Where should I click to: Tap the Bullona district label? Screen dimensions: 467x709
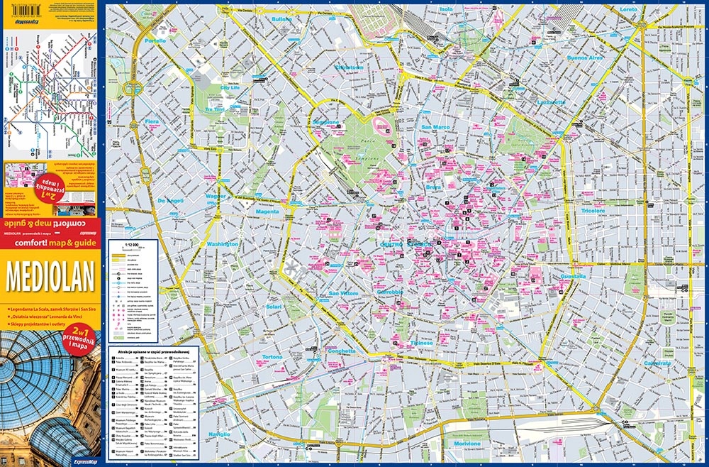point(281,18)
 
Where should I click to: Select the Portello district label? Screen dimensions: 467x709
point(155,41)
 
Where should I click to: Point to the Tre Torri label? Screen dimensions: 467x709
point(214,110)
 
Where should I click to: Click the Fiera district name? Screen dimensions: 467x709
point(152,121)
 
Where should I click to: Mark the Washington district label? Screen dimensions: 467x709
point(223,243)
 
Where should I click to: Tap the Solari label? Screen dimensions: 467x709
point(274,307)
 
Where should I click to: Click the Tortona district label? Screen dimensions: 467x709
point(272,356)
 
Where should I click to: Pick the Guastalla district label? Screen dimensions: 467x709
point(572,276)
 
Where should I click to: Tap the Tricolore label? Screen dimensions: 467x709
point(593,211)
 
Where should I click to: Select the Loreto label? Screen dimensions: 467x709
point(629,9)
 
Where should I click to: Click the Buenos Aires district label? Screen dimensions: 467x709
point(584,57)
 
